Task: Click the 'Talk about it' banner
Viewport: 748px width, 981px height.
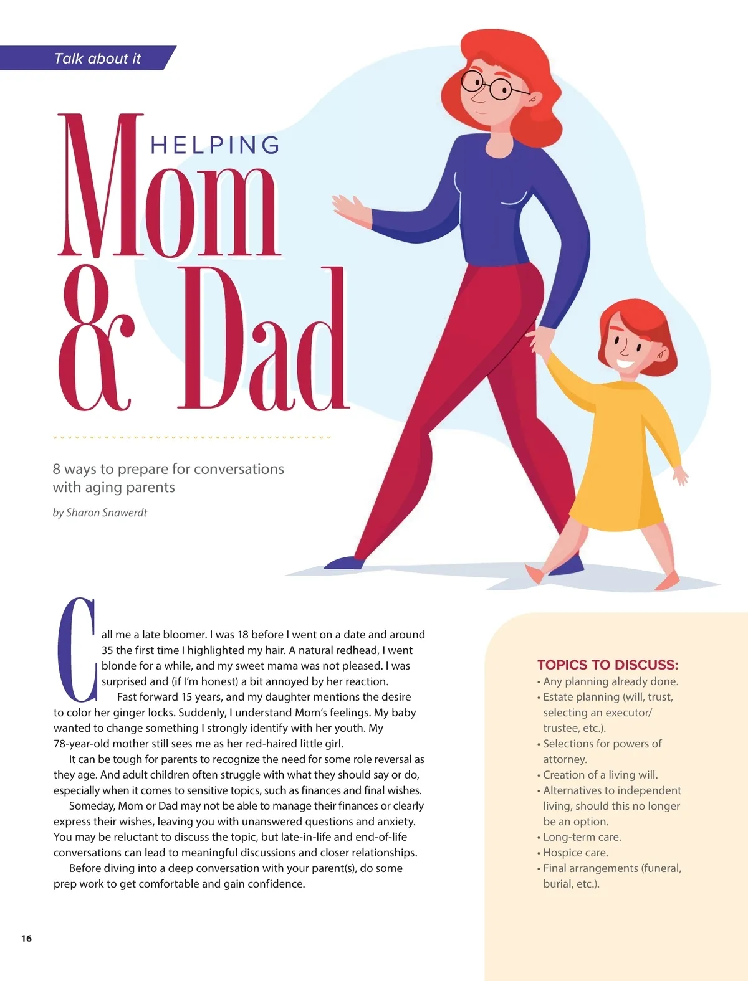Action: (97, 58)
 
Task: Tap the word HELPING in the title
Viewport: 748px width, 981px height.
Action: (215, 145)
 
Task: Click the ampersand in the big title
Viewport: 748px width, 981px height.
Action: (97, 339)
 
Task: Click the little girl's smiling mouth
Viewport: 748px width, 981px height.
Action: (625, 363)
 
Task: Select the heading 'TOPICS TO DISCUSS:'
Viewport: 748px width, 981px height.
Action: (608, 665)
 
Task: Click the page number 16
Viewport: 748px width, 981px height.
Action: (26, 939)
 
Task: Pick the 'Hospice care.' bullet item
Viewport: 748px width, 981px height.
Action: (575, 853)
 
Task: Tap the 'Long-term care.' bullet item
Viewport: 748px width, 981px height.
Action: (582, 837)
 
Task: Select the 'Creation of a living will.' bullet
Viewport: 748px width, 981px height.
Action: (600, 775)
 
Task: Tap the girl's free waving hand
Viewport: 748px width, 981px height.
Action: (681, 476)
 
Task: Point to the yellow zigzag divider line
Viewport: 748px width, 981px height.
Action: (192, 437)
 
